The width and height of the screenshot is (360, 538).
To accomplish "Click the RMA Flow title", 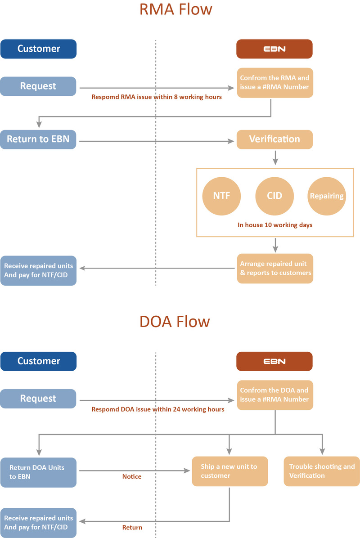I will [175, 9].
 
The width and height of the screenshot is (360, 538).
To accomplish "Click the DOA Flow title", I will [175, 322].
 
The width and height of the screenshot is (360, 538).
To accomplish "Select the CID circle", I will [274, 196].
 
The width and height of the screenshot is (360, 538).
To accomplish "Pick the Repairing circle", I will [327, 196].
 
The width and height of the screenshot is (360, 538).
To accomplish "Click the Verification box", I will [274, 139].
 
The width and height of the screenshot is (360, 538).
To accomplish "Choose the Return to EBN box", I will [38, 139].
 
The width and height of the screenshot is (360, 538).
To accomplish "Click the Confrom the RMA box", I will [274, 82].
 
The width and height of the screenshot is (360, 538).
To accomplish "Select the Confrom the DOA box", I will [274, 395].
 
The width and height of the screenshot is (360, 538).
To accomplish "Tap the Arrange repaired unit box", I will [275, 269].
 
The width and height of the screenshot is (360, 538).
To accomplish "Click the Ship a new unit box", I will [229, 471].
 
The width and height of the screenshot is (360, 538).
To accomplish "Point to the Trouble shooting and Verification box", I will [322, 471].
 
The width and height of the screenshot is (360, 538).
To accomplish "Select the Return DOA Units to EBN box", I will [38, 471].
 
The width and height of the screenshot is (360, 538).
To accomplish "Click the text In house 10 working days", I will [275, 224].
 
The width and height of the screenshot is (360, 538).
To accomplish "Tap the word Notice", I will [132, 476].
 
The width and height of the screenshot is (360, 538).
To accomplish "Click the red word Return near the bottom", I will [132, 527].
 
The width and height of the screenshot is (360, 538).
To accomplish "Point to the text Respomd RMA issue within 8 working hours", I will [157, 97].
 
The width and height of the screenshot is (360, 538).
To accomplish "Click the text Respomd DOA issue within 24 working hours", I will [158, 409].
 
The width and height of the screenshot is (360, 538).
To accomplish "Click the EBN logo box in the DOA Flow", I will [274, 361].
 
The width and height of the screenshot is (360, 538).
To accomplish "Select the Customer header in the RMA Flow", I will [38, 49].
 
